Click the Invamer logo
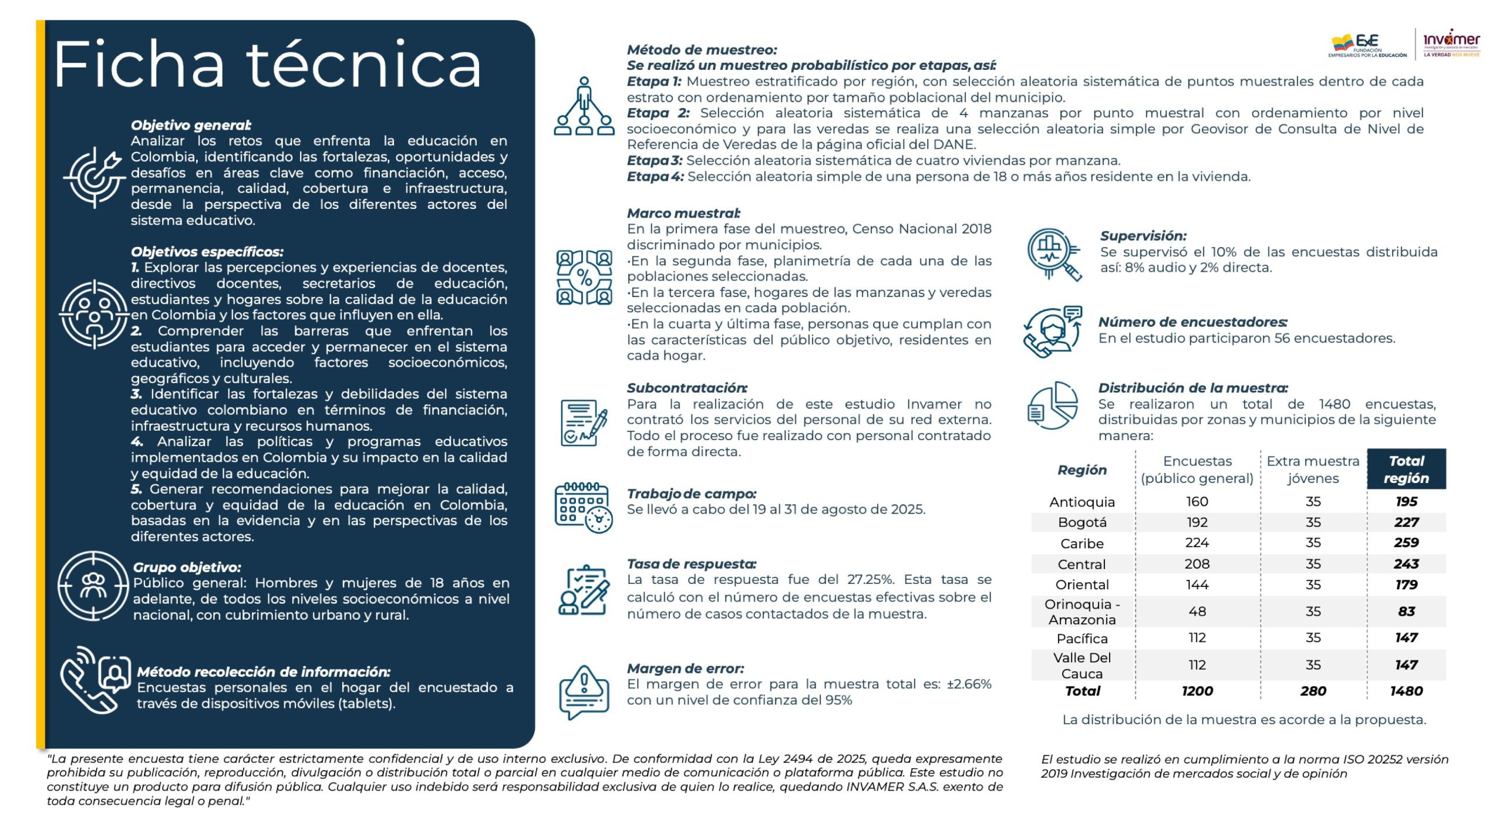click(1451, 43)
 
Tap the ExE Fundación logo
click(1367, 46)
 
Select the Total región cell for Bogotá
click(1406, 522)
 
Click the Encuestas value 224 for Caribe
click(1197, 543)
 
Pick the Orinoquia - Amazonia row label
click(1081, 612)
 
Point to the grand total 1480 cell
click(1406, 691)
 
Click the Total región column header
click(1406, 469)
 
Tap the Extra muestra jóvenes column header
click(1313, 469)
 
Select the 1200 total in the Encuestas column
click(1197, 691)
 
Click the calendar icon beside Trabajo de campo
click(583, 507)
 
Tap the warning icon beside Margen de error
click(584, 691)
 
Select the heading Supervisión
click(1143, 236)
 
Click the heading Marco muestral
click(683, 214)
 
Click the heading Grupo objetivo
click(187, 567)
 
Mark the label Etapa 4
click(655, 177)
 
